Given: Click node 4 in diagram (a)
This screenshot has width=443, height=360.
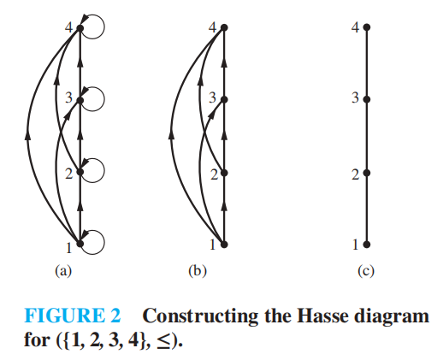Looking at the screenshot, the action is click(80, 28).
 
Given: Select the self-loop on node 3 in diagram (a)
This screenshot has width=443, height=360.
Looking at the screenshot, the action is click(104, 99).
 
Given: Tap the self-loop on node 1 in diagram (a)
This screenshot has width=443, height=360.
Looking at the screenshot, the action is click(104, 242).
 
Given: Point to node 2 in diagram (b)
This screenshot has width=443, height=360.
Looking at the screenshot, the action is click(224, 173).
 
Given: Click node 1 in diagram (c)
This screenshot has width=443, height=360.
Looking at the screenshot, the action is click(367, 245).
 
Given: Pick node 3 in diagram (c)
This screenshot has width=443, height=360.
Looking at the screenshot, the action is click(367, 99).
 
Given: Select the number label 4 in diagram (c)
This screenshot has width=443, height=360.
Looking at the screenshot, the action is click(355, 27).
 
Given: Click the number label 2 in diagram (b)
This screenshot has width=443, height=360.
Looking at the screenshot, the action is click(214, 174).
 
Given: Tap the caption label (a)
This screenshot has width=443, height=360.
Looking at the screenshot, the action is click(63, 270).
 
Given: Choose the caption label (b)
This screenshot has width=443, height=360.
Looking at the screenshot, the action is click(198, 270).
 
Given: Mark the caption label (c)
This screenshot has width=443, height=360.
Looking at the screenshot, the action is click(366, 270).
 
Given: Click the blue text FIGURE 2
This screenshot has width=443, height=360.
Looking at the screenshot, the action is click(73, 316).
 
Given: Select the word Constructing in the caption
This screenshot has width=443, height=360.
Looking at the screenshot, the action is click(200, 316).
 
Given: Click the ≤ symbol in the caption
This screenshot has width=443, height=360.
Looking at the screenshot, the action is click(163, 340).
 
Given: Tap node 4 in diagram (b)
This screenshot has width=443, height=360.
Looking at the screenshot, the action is click(224, 27).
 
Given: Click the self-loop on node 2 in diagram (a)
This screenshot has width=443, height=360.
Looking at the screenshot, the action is click(104, 170).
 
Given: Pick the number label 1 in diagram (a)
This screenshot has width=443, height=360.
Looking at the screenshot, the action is click(68, 248).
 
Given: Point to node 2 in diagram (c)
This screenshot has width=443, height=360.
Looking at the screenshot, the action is click(367, 173).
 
